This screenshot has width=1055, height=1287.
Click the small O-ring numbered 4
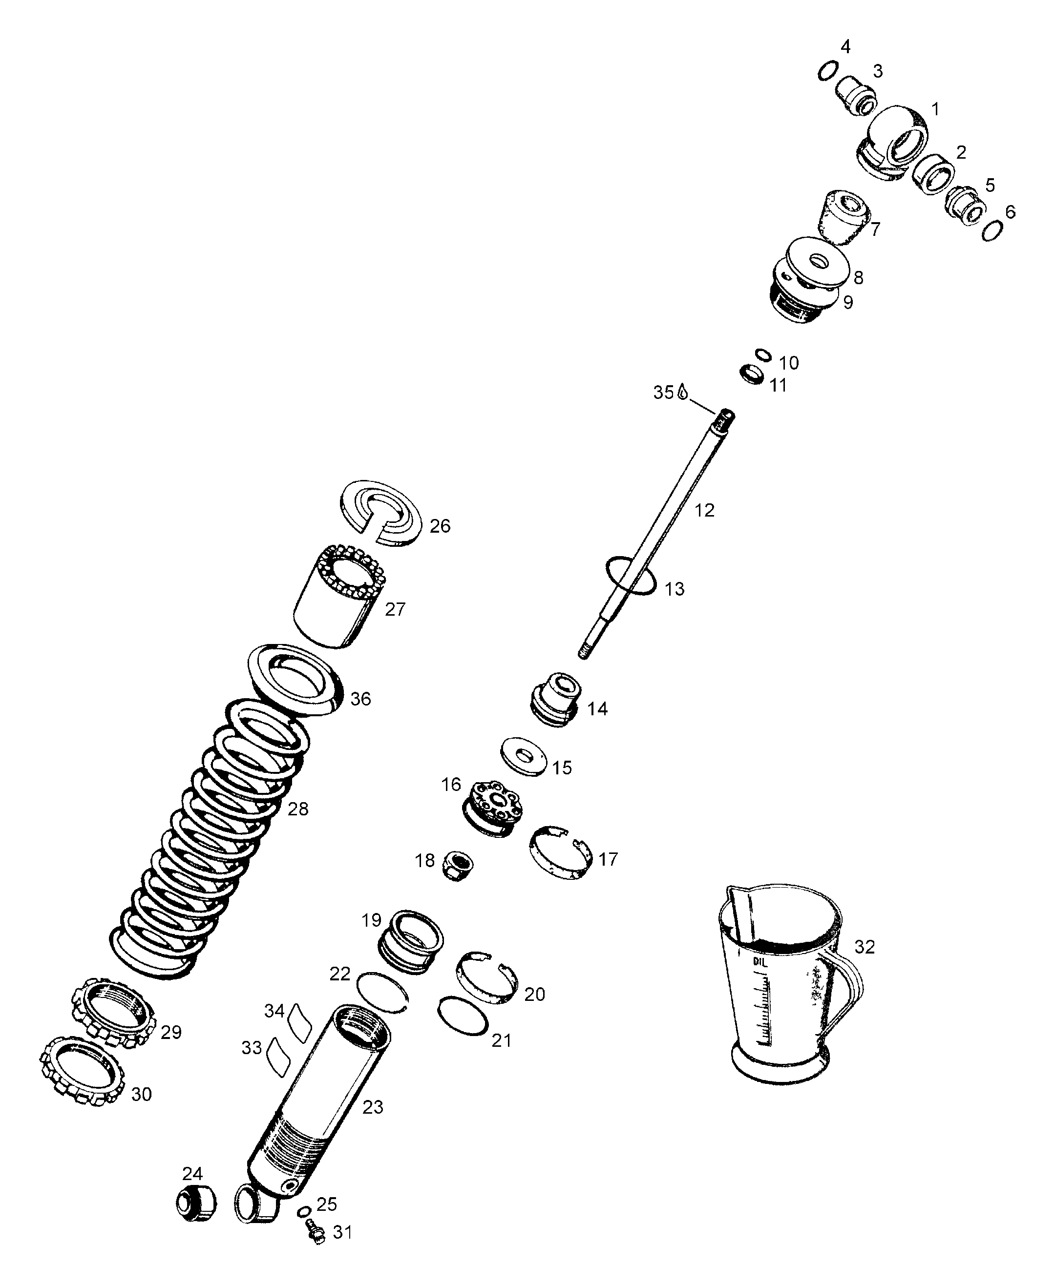coord(829,70)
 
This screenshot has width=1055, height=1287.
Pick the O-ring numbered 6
coord(992,231)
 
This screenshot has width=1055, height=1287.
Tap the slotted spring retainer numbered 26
coord(380,514)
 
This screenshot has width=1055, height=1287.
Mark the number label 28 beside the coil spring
coord(298,809)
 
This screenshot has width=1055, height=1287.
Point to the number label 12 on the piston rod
coord(704,510)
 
